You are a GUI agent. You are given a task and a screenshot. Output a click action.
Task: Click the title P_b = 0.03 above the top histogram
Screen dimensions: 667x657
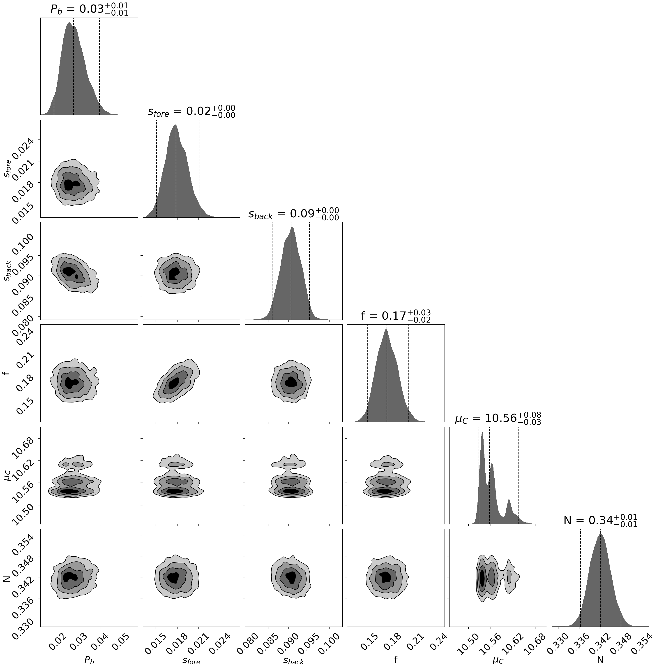(x=89, y=9)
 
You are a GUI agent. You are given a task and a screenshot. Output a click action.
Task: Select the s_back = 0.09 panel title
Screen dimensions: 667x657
(x=293, y=214)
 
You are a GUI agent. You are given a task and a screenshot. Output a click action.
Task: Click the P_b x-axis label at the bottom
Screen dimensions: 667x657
(x=89, y=660)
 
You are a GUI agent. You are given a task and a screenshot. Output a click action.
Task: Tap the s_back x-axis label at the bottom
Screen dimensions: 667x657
(x=293, y=660)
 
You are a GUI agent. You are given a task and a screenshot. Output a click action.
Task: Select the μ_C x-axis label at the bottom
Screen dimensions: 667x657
(x=498, y=660)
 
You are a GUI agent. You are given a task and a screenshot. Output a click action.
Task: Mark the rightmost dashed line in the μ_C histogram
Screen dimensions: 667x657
(x=518, y=476)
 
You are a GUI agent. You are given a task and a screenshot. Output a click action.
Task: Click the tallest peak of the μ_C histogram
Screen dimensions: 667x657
(x=482, y=432)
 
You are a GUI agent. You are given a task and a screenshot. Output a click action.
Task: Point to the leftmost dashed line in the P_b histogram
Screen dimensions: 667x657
(x=54, y=66)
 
